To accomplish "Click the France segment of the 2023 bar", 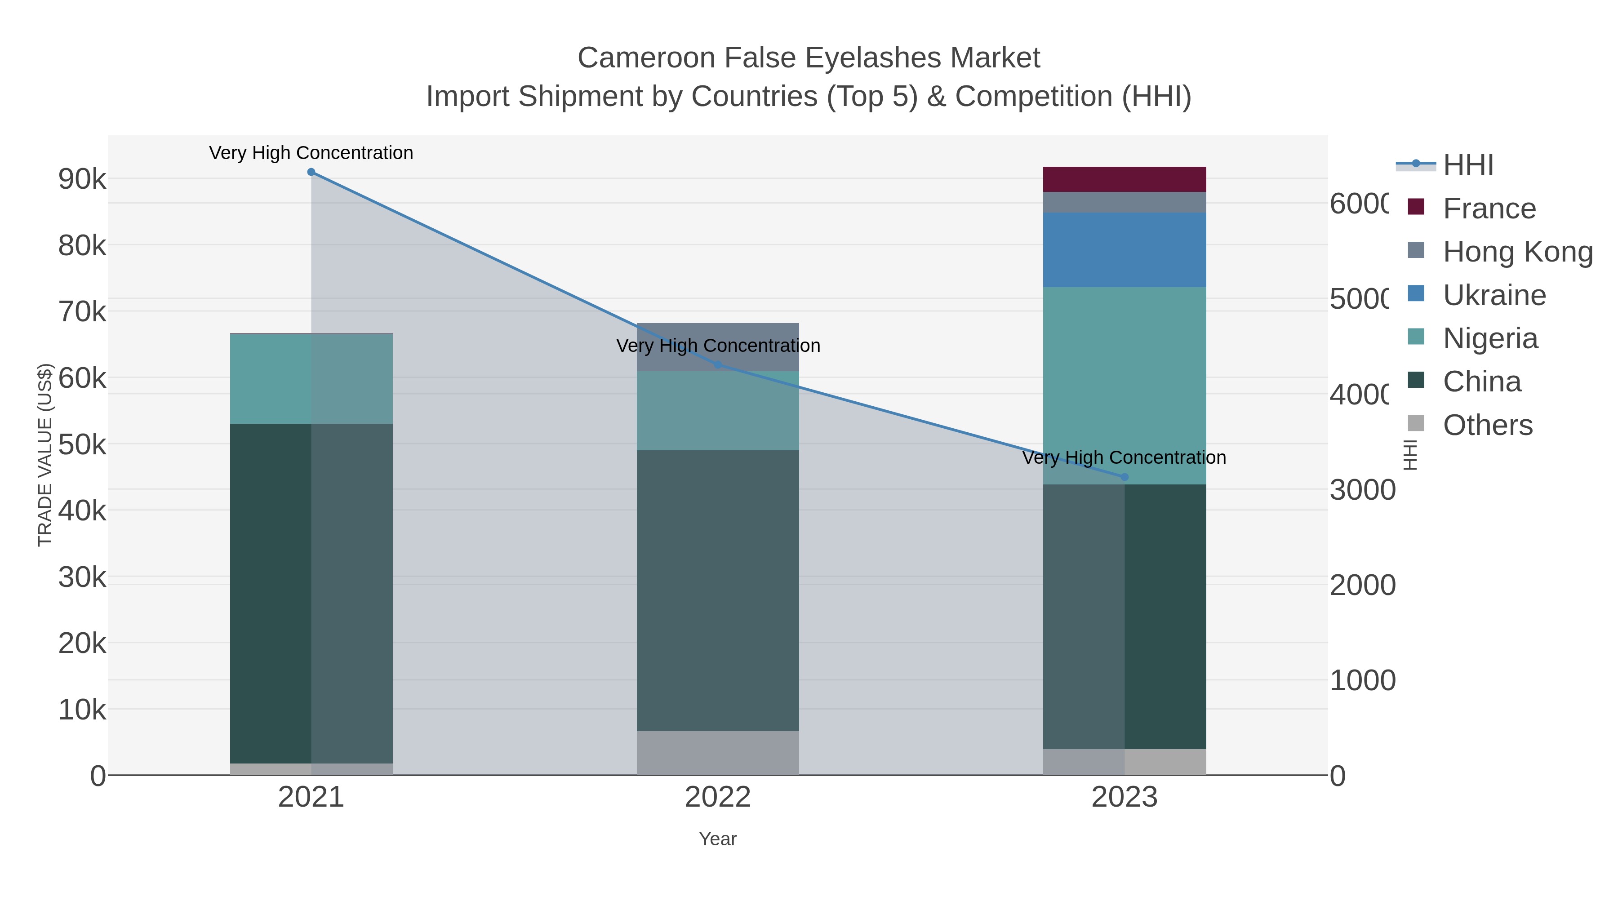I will (x=1125, y=179).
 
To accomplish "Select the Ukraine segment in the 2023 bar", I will (x=1125, y=250).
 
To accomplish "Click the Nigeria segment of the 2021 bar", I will (x=311, y=379).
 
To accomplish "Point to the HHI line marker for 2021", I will (x=311, y=172).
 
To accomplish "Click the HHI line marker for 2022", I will (x=718, y=365).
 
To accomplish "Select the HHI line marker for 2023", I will (x=1125, y=477).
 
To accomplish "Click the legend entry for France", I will (x=1489, y=209).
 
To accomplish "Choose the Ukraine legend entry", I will (x=1494, y=295).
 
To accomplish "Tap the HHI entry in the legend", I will (x=1467, y=165).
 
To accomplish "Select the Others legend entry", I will (x=1487, y=425).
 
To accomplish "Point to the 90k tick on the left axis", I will (x=82, y=180).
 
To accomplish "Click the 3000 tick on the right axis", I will (x=1362, y=490).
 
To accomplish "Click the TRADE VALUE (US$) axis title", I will (x=45, y=455).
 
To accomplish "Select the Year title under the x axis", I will (x=718, y=839).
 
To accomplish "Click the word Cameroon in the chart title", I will (x=646, y=58).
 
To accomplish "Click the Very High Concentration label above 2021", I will (x=311, y=153).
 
